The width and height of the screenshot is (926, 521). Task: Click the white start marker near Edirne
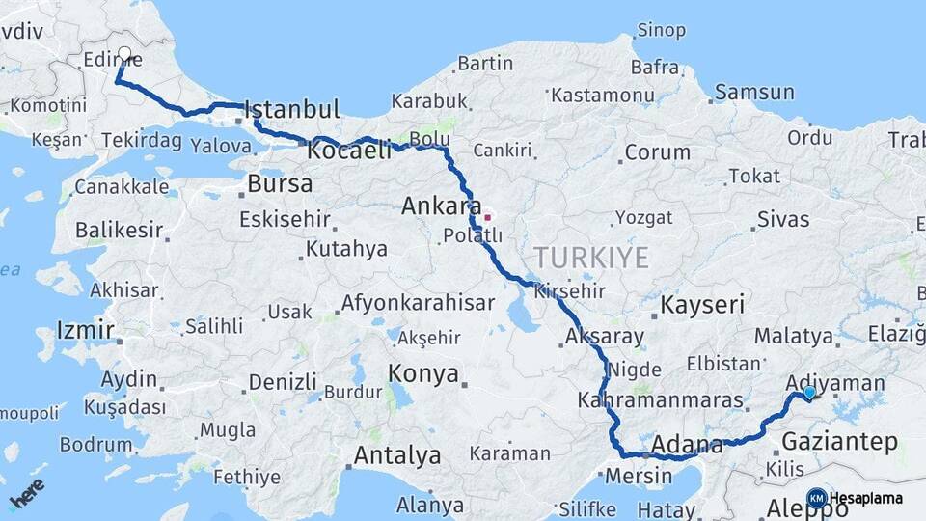pos(124,54)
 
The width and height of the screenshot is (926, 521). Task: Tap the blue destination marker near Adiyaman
pos(809,393)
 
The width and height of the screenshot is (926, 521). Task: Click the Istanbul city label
pos(292,108)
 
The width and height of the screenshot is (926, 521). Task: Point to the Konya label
pos(422,374)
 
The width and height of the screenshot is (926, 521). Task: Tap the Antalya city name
pos(397,455)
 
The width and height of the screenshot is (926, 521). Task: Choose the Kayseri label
pos(702,306)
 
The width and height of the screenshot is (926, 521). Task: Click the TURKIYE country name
pos(592,257)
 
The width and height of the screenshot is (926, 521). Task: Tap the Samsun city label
pos(755,93)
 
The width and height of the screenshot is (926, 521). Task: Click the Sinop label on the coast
pos(662,31)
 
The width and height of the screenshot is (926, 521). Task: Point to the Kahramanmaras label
pos(662,399)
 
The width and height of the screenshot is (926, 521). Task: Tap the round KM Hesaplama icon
pos(817,498)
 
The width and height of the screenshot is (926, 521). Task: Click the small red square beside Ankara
pos(488,217)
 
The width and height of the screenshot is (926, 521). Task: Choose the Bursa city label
pos(280,183)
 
